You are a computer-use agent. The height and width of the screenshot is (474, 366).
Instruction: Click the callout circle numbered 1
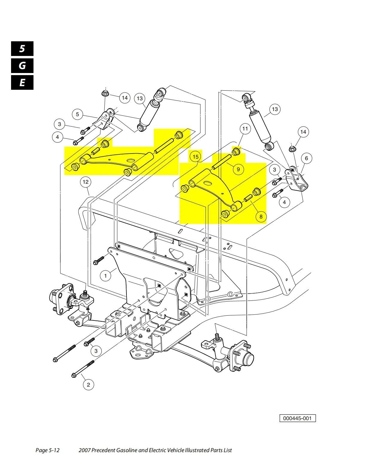point(105,276)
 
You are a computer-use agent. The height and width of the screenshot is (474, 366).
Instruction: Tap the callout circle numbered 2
point(88,385)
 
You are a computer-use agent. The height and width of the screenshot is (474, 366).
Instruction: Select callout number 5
point(77,114)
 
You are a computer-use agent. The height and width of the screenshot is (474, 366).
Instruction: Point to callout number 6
point(306,158)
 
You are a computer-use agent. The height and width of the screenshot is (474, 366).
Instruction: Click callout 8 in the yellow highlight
point(261,216)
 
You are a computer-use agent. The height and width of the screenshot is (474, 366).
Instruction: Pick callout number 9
point(238,169)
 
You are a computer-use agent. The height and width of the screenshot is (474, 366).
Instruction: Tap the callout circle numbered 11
point(245,129)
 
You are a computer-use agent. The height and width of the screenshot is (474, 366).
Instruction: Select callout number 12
point(86,182)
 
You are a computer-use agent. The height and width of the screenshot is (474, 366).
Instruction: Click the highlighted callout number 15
point(196,157)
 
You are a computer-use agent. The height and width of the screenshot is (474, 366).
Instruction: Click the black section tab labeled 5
point(22,49)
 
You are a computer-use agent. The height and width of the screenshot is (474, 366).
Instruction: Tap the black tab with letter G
point(22,66)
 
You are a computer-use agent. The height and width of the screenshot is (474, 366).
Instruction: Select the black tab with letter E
point(22,83)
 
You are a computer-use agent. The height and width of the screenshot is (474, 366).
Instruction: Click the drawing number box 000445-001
point(297,418)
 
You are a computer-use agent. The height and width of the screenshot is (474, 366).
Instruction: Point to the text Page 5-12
point(48,450)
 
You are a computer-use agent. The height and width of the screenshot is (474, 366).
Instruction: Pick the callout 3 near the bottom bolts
point(96,351)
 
